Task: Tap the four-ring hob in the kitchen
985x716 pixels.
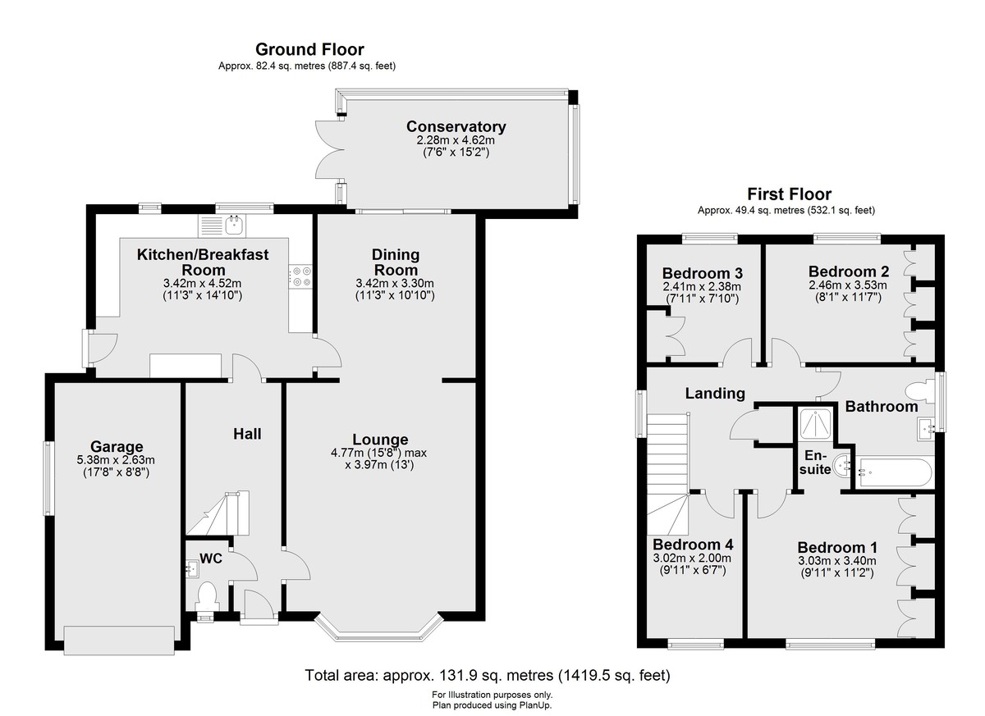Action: [x=300, y=276]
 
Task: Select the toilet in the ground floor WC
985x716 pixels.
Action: [x=206, y=597]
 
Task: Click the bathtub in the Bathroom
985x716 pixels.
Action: [x=893, y=473]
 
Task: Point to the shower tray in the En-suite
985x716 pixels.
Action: [x=816, y=424]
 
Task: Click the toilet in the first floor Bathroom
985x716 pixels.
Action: [x=920, y=392]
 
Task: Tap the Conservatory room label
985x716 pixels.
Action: [x=456, y=126]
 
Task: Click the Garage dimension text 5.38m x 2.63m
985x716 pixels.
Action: [x=116, y=460]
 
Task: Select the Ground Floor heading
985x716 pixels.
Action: [x=309, y=50]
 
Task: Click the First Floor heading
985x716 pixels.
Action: [x=790, y=194]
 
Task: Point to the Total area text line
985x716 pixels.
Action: [x=488, y=675]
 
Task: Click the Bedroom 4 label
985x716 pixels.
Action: [x=693, y=545]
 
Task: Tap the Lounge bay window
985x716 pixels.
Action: [x=379, y=629]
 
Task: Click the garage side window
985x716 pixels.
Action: [x=48, y=478]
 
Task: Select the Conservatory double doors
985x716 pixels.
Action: [x=330, y=149]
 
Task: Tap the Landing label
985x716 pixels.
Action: [x=715, y=393]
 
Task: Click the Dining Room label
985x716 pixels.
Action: [x=396, y=262]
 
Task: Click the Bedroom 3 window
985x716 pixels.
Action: [x=710, y=239]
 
